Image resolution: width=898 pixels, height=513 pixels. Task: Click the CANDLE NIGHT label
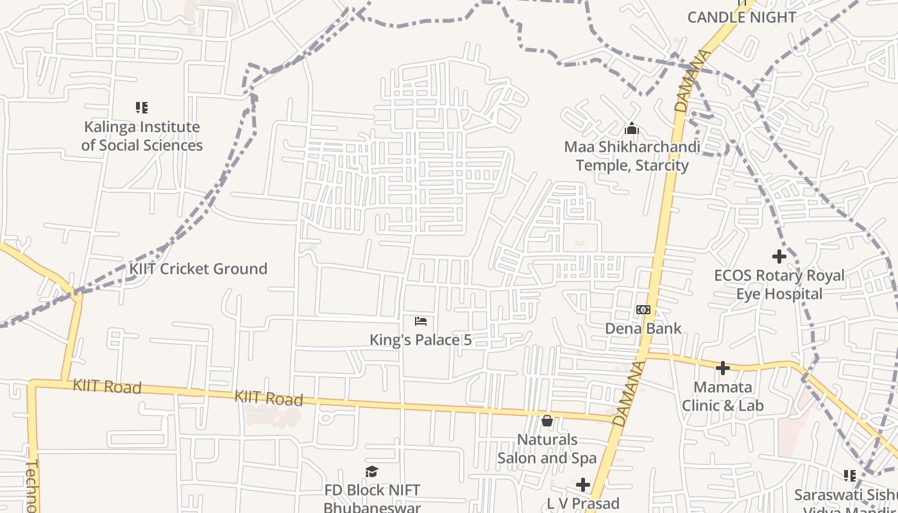point(741,17)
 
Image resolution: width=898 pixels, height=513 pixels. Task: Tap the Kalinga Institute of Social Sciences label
point(142,136)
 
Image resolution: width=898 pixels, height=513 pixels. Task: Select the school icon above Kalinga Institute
point(142,108)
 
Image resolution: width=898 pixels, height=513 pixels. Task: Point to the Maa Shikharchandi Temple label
point(632,156)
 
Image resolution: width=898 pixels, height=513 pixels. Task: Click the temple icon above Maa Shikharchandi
point(632,129)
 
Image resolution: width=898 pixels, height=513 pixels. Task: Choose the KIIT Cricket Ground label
point(198,269)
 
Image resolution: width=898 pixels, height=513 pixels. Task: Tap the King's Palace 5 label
point(421,340)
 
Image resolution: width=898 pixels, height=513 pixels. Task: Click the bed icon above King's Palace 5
point(421,321)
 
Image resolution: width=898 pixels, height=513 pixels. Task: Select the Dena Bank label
point(643,328)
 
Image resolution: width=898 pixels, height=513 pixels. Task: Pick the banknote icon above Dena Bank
point(643,310)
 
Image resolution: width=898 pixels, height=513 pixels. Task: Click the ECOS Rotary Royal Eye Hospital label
point(779,285)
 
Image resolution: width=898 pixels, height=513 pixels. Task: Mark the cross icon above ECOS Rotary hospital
point(779,256)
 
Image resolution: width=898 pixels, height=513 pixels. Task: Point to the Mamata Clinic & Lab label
point(723,396)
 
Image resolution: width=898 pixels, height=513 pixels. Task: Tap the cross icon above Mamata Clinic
point(723,368)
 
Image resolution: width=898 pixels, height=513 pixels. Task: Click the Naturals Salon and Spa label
point(547,449)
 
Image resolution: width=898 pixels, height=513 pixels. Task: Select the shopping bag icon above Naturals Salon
point(547,421)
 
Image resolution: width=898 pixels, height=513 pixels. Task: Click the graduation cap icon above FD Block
point(372,472)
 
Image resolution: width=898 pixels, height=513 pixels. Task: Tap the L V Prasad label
point(583,503)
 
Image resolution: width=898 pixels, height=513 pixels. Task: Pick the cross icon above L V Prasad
point(583,484)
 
